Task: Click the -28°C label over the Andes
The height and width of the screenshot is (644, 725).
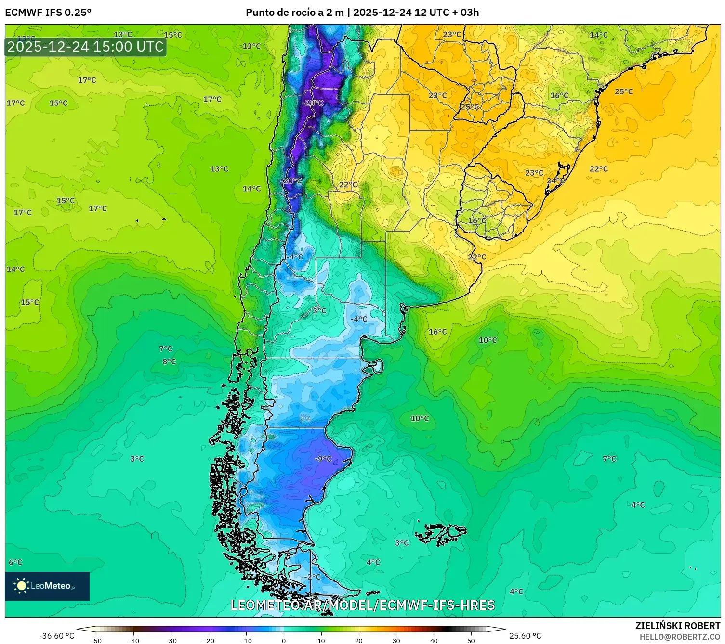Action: [x=313, y=103]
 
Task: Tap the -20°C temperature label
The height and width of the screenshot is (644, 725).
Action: [x=291, y=180]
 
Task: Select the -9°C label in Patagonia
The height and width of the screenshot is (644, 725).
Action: [x=323, y=459]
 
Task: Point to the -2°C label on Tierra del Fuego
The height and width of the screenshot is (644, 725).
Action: [x=312, y=576]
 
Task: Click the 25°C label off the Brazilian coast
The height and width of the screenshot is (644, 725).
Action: [x=623, y=91]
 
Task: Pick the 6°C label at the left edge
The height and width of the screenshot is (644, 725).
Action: [x=15, y=562]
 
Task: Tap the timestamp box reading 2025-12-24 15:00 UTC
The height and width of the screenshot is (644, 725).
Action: [x=86, y=47]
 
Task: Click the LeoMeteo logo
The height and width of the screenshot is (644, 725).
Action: [x=47, y=586]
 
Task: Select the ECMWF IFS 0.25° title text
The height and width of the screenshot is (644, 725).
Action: [x=48, y=13]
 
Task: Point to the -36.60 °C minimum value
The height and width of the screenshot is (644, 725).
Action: [x=56, y=636]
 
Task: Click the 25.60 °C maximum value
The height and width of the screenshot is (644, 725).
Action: [x=525, y=636]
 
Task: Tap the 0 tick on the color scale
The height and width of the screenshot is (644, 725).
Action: [x=283, y=640]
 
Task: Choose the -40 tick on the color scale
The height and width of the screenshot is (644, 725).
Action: [x=133, y=640]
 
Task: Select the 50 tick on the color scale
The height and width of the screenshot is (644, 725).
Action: [x=471, y=640]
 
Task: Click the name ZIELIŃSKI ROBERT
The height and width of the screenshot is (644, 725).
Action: [x=677, y=626]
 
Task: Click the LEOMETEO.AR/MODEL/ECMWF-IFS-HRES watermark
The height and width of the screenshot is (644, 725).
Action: [x=362, y=605]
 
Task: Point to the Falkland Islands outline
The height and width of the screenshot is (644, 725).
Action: [x=441, y=533]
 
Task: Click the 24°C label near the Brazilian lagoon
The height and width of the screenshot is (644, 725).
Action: [x=555, y=180]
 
